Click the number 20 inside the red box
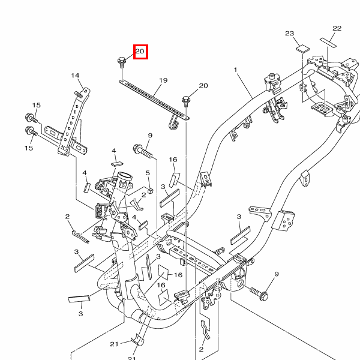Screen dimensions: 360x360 point(140,52)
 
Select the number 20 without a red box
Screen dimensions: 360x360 point(203,86)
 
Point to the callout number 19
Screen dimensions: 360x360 point(163,80)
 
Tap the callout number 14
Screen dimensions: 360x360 point(76,76)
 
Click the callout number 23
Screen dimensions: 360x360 point(289,34)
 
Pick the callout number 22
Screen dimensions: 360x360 point(337,28)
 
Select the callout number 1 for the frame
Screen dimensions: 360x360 point(236,70)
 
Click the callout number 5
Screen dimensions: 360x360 point(148,173)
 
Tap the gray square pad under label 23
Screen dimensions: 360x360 point(302,47)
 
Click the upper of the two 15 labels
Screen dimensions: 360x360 point(36,106)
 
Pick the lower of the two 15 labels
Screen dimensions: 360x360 point(28,148)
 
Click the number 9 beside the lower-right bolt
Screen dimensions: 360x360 point(277,274)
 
